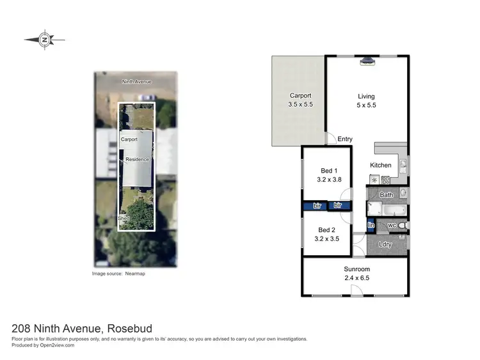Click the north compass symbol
45,39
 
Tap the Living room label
366,97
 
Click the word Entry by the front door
345,139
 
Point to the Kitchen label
380,165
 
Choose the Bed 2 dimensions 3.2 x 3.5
327,239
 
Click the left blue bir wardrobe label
316,206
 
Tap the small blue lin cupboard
371,225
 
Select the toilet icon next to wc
401,226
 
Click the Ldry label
385,244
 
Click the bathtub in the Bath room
385,208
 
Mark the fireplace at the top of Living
367,61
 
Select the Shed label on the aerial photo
124,218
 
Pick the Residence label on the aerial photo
137,159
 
